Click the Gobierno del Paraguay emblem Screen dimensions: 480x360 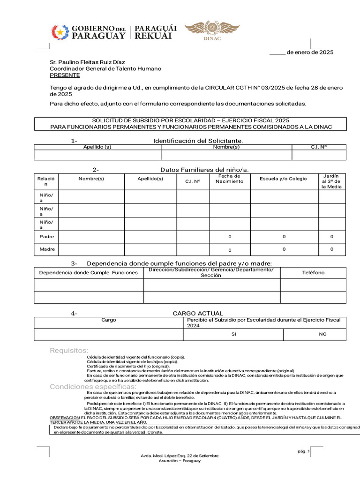[60, 32]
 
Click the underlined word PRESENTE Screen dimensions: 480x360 [65, 75]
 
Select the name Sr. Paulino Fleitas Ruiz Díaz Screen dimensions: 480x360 [88, 62]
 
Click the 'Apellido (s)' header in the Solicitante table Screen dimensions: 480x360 [97, 147]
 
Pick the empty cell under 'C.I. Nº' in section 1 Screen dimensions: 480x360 [319, 155]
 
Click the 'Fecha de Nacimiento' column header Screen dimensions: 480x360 [230, 179]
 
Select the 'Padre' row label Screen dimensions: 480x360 [47, 237]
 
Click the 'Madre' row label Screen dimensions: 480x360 [47, 249]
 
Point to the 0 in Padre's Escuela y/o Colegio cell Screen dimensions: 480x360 [284, 237]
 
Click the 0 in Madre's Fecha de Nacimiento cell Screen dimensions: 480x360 [230, 250]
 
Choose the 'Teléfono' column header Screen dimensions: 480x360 [313, 272]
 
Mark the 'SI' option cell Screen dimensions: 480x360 [233, 334]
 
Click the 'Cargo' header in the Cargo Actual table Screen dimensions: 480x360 [109, 320]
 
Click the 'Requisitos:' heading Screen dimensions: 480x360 [69, 350]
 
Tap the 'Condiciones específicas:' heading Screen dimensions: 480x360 [93, 386]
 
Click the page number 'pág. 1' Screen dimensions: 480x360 [303, 451]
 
